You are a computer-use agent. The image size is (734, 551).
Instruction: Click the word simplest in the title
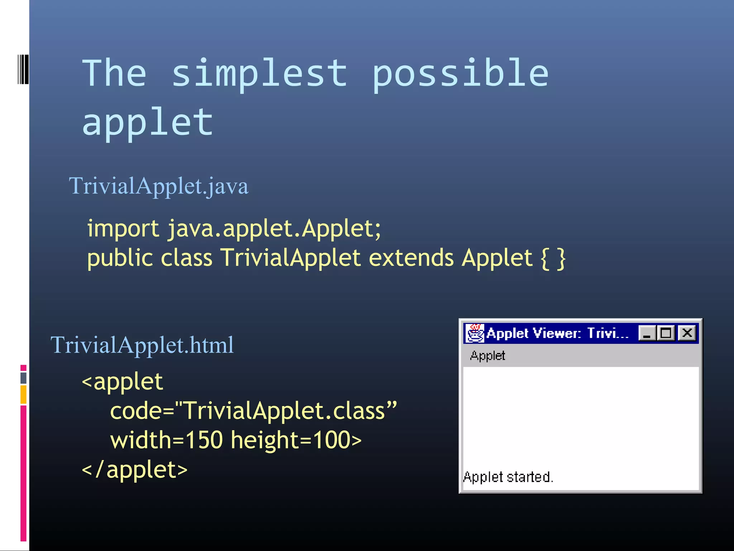(x=260, y=74)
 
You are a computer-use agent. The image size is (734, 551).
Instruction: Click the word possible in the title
(x=461, y=74)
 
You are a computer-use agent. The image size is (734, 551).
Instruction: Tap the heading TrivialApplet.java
(x=158, y=186)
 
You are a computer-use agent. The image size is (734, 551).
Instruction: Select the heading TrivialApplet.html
(x=142, y=345)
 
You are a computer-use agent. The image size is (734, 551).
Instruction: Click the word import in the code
(x=123, y=229)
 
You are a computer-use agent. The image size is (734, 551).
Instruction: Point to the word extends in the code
(x=411, y=258)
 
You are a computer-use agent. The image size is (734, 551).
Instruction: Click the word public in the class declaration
(x=120, y=258)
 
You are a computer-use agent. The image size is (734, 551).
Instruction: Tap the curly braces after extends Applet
(x=553, y=258)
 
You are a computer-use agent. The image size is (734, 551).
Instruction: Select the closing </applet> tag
(x=135, y=470)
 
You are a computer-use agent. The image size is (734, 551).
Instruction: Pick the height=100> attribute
(x=296, y=440)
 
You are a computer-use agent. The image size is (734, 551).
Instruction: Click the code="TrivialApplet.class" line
(x=253, y=411)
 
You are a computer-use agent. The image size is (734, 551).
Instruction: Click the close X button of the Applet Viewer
(x=687, y=333)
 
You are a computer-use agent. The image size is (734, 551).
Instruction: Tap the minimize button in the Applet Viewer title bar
(x=647, y=333)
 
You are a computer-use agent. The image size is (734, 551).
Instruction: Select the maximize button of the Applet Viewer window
(x=666, y=333)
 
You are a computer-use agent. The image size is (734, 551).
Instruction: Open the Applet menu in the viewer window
(x=487, y=356)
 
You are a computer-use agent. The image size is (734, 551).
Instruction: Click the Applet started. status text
(x=508, y=477)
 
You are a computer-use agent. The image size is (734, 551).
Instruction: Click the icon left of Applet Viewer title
(x=475, y=333)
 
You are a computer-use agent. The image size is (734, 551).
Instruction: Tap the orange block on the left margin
(x=23, y=394)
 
